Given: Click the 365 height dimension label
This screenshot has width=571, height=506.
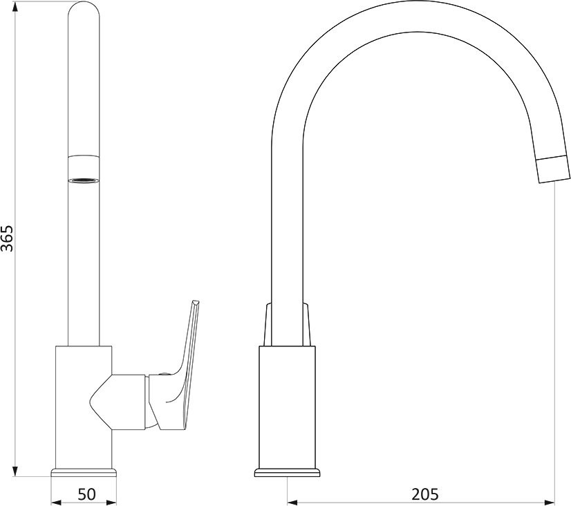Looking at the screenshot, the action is [x=7, y=238].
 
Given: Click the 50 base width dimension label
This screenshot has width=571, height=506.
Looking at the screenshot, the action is [x=86, y=494].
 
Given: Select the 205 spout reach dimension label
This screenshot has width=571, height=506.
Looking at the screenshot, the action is [x=425, y=494].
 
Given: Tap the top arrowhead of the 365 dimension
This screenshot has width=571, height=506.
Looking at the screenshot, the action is [x=15, y=8].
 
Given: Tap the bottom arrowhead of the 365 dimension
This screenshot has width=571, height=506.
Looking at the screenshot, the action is [x=15, y=470].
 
